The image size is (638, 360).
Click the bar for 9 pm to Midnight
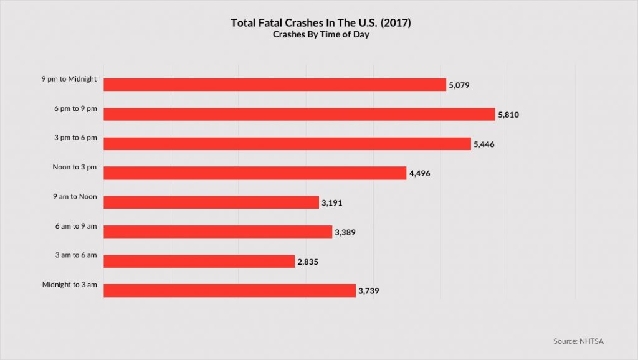coord(275,85)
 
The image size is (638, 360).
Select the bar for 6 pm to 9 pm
coord(299,114)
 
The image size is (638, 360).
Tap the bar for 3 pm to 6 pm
coord(287,144)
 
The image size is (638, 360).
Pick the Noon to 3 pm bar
coord(255,173)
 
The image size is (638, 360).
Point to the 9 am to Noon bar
coord(211,202)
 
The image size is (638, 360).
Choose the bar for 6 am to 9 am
coord(217,232)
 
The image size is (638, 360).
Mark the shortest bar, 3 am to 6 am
coord(199,262)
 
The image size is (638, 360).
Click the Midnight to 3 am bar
coord(229,291)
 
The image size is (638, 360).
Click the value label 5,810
coord(510,115)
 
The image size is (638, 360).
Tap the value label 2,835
coord(309,262)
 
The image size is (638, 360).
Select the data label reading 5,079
coord(462,85)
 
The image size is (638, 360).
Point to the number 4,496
coord(421,174)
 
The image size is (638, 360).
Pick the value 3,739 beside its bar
coord(370,291)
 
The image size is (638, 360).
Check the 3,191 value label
coord(333,203)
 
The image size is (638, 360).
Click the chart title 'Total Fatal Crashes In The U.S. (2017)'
coord(321,22)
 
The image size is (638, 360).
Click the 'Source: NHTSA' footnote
coord(578,341)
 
